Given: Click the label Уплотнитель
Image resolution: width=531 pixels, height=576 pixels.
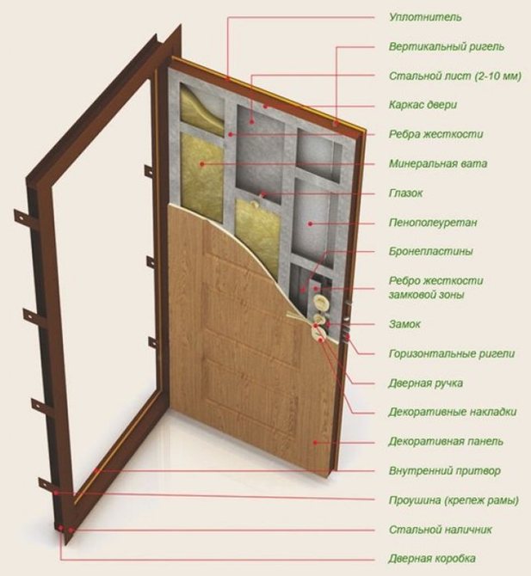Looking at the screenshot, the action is pyautogui.click(x=425, y=17).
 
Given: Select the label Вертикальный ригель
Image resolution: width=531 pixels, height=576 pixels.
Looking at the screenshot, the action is pyautogui.click(x=447, y=46).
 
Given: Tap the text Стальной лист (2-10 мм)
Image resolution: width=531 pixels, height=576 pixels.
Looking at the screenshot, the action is pyautogui.click(x=455, y=76).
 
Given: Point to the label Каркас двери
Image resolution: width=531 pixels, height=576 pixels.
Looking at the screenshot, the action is pyautogui.click(x=423, y=105).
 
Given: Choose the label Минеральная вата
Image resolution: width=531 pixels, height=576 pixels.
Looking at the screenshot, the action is pyautogui.click(x=438, y=163).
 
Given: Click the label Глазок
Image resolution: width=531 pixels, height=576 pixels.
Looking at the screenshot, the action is pyautogui.click(x=406, y=193).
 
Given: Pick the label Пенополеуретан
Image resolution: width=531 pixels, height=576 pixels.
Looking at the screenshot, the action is pyautogui.click(x=433, y=223).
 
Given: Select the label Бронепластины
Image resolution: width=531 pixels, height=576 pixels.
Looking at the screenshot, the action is pyautogui.click(x=431, y=251).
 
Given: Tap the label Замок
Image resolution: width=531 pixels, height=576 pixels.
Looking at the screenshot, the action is pyautogui.click(x=404, y=324).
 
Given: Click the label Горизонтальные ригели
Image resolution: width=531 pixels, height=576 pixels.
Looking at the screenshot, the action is pyautogui.click(x=452, y=353).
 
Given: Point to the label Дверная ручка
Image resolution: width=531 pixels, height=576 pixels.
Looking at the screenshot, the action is pyautogui.click(x=425, y=383).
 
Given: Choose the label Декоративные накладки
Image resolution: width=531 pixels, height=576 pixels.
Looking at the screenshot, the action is pyautogui.click(x=453, y=412).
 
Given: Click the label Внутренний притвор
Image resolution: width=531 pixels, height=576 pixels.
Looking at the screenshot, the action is pyautogui.click(x=445, y=470).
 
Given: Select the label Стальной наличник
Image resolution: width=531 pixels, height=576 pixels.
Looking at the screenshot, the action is pyautogui.click(x=441, y=530).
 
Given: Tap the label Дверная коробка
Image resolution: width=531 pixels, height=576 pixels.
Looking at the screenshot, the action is pyautogui.click(x=432, y=559).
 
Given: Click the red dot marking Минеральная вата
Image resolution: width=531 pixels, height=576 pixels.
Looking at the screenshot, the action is pyautogui.click(x=202, y=164).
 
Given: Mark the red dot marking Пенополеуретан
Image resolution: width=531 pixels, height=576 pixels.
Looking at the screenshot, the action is pyautogui.click(x=310, y=223).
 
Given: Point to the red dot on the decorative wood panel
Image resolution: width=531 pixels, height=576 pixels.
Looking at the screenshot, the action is pyautogui.click(x=315, y=443).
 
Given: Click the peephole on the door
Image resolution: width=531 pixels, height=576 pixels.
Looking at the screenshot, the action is pyautogui.click(x=254, y=203).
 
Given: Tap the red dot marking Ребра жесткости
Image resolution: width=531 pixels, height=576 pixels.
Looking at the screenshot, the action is pyautogui.click(x=230, y=134).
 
